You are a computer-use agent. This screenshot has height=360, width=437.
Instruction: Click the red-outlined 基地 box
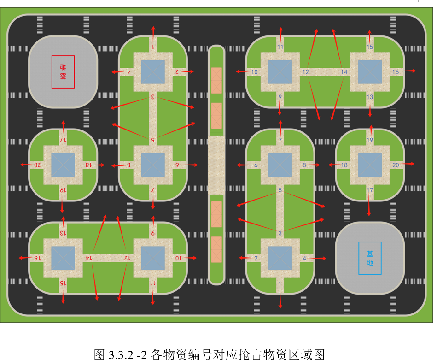(63, 72)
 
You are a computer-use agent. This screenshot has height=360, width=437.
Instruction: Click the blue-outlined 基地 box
(370, 258)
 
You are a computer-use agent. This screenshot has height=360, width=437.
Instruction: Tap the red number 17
(63, 140)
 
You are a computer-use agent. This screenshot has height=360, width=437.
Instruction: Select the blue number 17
(370, 190)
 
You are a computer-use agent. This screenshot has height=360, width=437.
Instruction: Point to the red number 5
(153, 139)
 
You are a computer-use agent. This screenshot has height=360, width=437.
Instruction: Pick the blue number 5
(280, 190)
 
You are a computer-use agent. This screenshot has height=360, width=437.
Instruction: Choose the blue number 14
(344, 72)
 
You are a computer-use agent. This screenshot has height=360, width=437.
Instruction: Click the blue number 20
(396, 165)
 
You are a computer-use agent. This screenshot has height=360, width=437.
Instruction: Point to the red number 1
(153, 47)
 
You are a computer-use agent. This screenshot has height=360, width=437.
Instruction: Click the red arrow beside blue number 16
(410, 71)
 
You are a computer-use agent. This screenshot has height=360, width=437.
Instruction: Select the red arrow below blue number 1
(280, 299)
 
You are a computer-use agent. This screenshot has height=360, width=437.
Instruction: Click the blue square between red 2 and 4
(153, 72)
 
